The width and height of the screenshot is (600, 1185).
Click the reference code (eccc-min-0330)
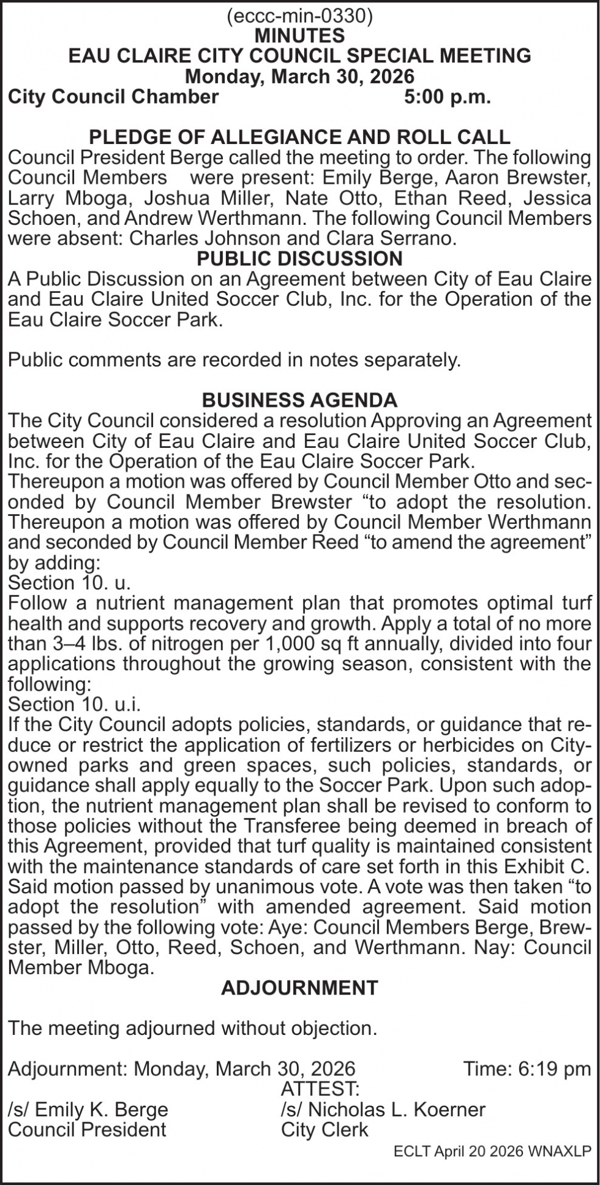(x=299, y=17)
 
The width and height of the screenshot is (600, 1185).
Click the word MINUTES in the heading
(x=299, y=36)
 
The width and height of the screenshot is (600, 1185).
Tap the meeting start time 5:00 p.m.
(x=448, y=97)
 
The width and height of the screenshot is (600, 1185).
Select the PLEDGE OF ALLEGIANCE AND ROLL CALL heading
(x=299, y=137)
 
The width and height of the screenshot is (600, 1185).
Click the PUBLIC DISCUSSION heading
(x=299, y=259)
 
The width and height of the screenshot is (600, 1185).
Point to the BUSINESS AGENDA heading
(x=299, y=401)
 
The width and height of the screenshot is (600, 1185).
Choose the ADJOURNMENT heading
(x=299, y=988)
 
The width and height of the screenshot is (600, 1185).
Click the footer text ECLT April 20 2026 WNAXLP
(x=493, y=1152)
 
